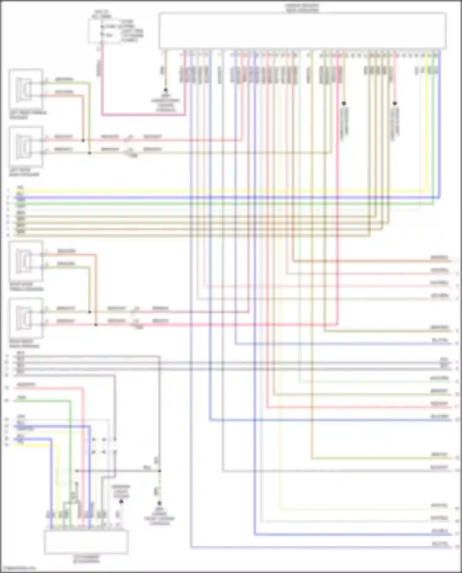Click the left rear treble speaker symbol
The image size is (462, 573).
click(x=26, y=89)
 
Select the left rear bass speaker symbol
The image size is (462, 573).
click(x=26, y=146)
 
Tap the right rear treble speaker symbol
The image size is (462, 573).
click(x=26, y=261)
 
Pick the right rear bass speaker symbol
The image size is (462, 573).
click(x=26, y=318)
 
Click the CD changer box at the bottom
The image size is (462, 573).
click(x=86, y=542)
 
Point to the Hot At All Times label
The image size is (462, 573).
click(x=102, y=14)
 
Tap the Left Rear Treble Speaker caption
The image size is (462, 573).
click(x=28, y=115)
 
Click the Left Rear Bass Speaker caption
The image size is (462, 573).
click(x=25, y=172)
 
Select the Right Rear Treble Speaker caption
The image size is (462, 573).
click(x=26, y=287)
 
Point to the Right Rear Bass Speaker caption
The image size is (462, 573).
click(x=25, y=344)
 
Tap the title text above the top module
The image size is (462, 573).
click(x=302, y=8)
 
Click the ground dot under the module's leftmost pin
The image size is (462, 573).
click(x=166, y=90)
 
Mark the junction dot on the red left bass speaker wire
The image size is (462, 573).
click(x=83, y=140)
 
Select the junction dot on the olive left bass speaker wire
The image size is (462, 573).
click(x=90, y=153)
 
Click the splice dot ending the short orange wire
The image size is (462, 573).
click(x=344, y=103)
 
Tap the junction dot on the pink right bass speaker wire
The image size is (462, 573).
click(x=96, y=325)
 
